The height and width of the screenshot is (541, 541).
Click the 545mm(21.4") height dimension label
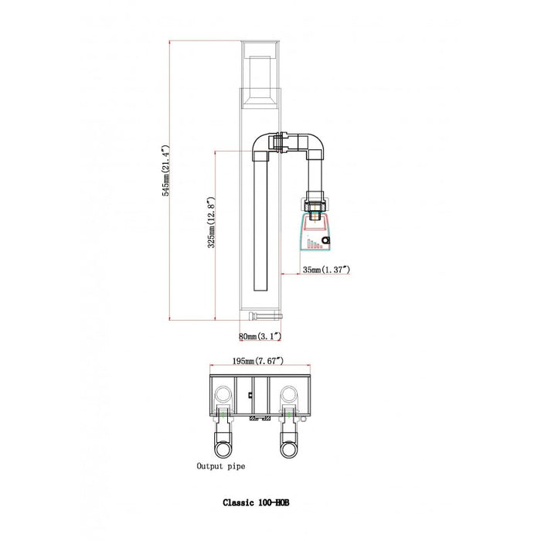(166, 171)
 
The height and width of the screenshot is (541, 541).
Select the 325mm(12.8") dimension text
(212, 223)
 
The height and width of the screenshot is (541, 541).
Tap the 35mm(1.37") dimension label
(326, 270)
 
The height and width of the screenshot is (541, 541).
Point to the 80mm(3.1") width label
(260, 336)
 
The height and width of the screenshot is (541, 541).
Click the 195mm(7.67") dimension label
(258, 361)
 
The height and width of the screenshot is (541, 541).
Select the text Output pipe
(221, 467)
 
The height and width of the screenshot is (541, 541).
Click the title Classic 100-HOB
(256, 502)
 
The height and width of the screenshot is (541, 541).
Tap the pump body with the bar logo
(315, 232)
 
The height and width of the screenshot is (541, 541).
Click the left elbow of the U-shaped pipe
(261, 145)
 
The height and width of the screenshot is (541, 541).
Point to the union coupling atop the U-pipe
(281, 142)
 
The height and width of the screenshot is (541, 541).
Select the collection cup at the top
(260, 74)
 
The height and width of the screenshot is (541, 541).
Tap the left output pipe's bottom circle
(223, 450)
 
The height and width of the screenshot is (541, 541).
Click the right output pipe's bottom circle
(288, 450)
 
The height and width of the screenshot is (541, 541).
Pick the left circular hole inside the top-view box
(223, 395)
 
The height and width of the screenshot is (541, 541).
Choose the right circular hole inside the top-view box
(289, 395)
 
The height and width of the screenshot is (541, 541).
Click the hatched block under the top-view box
(260, 419)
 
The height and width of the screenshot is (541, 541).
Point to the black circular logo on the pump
(325, 240)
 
